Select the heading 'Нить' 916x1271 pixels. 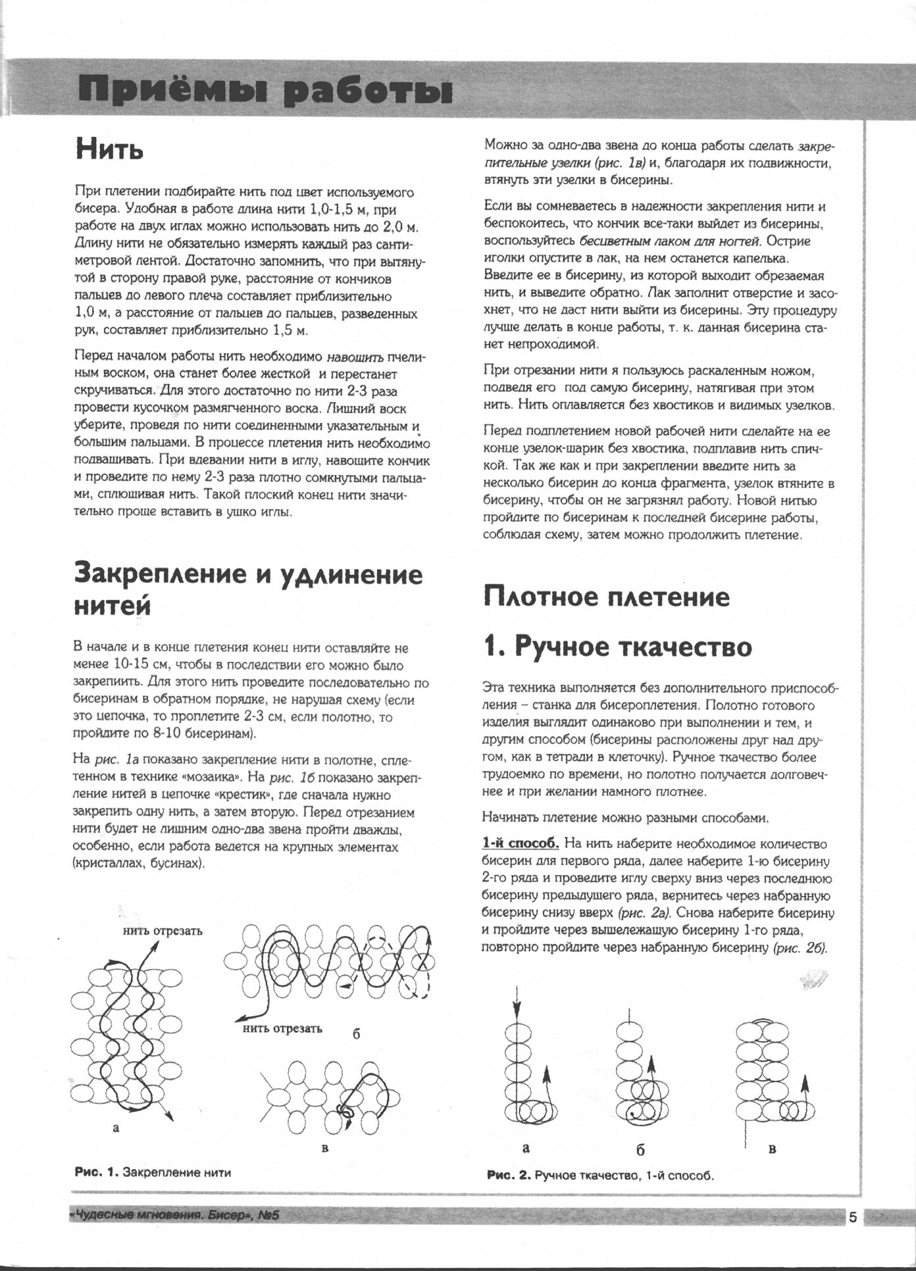(109, 150)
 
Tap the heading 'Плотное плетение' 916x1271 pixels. (606, 597)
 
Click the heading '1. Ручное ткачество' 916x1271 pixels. (617, 647)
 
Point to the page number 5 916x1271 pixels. (852, 1216)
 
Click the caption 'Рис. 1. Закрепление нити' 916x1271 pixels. (152, 1172)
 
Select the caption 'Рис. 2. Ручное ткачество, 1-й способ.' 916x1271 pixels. (599, 1175)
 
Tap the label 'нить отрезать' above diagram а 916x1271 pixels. (162, 931)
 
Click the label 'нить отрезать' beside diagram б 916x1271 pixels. (282, 1028)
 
